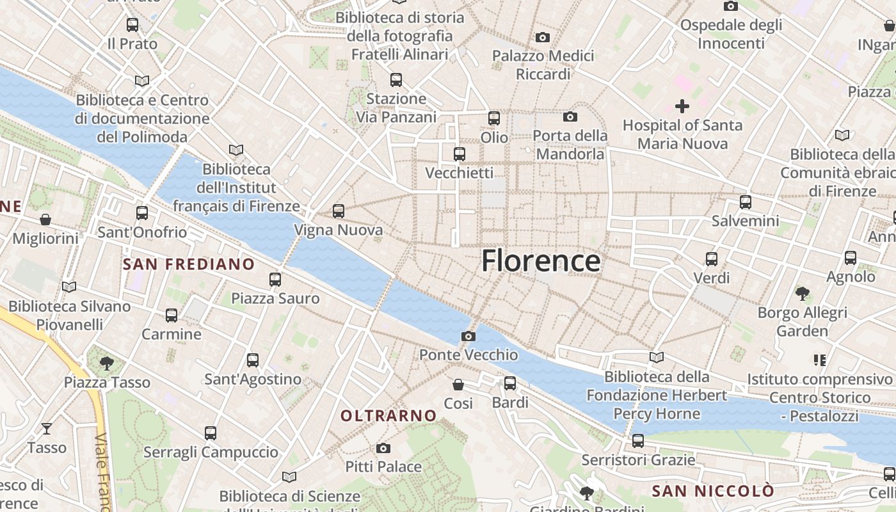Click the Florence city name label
tap(541, 261)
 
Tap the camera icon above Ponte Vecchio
tap(468, 336)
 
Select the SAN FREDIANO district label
tap(188, 264)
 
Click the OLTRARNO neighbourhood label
tap(388, 416)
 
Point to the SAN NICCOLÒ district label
tap(713, 492)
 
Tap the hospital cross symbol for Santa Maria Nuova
tap(682, 106)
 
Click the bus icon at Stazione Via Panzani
tap(396, 80)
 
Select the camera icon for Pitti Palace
tap(383, 448)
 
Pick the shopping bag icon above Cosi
tap(458, 385)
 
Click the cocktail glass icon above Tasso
tap(47, 429)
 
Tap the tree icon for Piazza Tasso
tap(107, 364)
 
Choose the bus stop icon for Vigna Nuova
tap(339, 211)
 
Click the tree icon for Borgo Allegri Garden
tap(802, 294)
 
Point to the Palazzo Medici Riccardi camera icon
tap(543, 38)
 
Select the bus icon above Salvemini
tap(746, 202)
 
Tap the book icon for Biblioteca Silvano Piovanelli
tap(69, 287)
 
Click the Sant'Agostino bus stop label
tap(253, 379)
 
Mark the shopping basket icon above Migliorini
tap(45, 220)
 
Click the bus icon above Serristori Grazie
tap(638, 441)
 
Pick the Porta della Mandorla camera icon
tap(570, 116)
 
